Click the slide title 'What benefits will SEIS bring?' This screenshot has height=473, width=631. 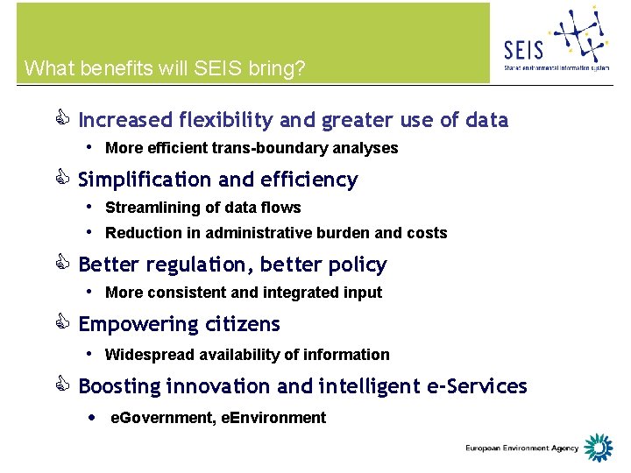(x=165, y=68)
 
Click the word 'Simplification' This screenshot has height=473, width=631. (x=145, y=180)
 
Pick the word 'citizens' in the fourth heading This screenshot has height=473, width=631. (x=243, y=324)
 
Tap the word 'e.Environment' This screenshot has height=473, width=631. (x=273, y=418)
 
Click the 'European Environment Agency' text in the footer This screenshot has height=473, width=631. (x=522, y=448)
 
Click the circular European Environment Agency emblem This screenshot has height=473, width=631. (x=599, y=448)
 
